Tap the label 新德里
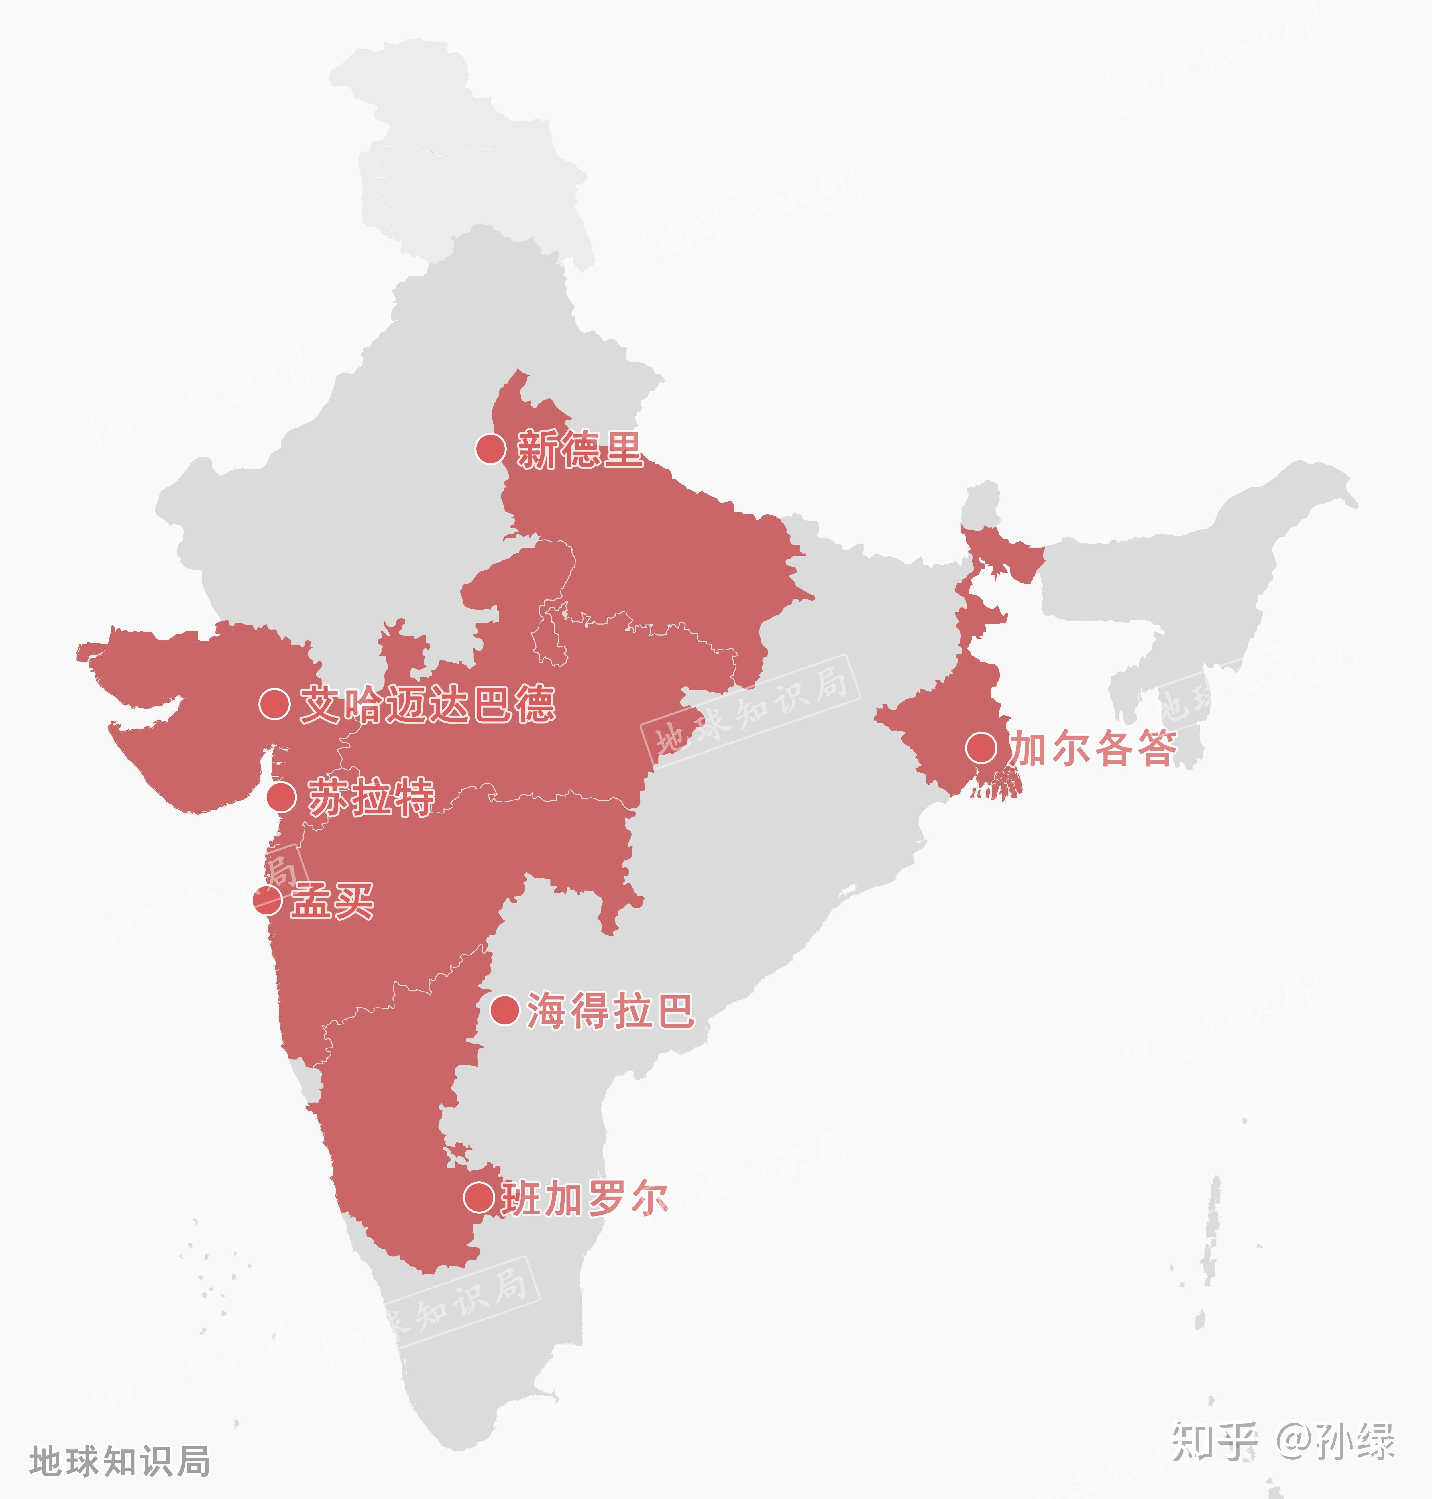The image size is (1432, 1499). click(x=580, y=449)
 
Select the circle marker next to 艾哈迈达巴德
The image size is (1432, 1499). click(x=274, y=704)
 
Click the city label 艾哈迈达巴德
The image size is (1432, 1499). click(x=427, y=704)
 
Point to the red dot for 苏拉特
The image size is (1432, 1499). click(x=281, y=797)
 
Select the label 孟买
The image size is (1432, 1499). click(x=332, y=901)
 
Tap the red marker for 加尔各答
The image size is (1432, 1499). click(x=981, y=747)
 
